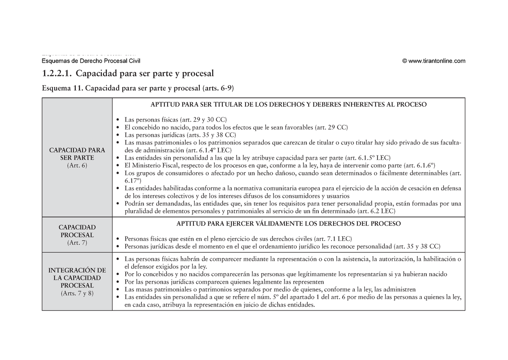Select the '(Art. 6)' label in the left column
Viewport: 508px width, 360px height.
77,165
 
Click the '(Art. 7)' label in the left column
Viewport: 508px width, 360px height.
77,243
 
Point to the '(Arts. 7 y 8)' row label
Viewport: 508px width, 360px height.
77,293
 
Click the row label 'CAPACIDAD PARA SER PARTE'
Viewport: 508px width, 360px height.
77,154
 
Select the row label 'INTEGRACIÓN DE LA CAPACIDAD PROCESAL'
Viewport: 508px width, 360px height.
77,278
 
